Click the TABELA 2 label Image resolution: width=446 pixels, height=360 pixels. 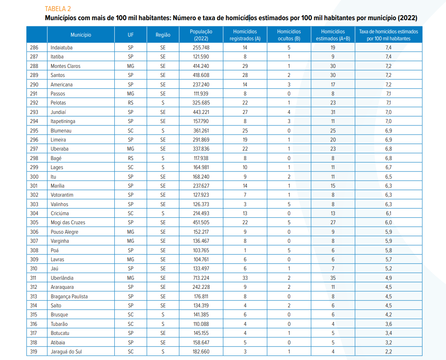pos(58,9)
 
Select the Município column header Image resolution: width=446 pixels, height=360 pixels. pos(81,35)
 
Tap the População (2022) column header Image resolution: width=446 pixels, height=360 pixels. pos(201,35)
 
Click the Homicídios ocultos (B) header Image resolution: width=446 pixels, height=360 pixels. pos(289,35)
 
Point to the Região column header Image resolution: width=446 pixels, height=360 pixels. pos(163,35)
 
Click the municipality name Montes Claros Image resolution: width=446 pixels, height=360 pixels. pos(65,66)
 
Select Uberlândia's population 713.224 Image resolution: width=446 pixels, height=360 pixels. pos(201,278)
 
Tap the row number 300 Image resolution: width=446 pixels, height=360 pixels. pos(34,177)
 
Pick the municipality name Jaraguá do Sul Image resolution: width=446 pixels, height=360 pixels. pos(66,351)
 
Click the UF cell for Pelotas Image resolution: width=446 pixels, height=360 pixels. pos(131,103)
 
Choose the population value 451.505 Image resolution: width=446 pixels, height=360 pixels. pos(201,223)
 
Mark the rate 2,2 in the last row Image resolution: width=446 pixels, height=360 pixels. pos(388,351)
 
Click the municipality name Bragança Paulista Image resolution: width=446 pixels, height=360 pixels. pos(69,296)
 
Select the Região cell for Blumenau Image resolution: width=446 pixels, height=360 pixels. pos(163,130)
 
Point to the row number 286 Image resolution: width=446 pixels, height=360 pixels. pos(34,48)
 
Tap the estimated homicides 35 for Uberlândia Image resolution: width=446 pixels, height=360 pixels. pos(333,278)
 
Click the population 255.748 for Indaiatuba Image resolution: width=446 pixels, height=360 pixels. pos(201,48)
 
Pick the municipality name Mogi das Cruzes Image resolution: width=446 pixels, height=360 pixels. pos(68,223)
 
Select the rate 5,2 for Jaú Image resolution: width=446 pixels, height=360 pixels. pos(388,268)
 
